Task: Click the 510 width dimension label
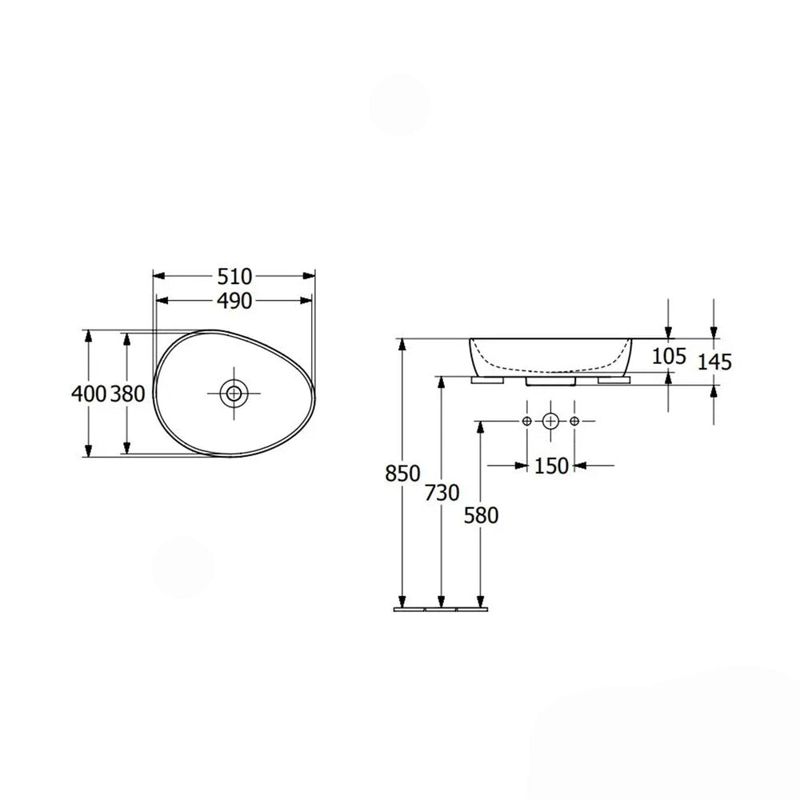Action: tap(234, 277)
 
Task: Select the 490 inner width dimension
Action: tap(234, 301)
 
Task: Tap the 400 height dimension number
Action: tap(89, 394)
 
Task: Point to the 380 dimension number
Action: tap(128, 394)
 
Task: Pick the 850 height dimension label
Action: tap(402, 474)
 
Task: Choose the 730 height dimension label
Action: tap(442, 493)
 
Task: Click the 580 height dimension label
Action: tap(481, 516)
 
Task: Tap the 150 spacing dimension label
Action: tap(551, 466)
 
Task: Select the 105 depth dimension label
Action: tap(670, 356)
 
